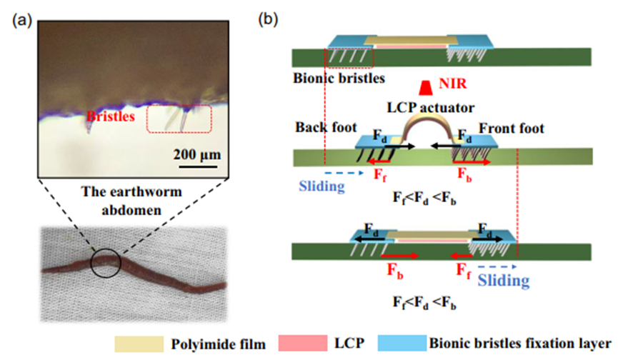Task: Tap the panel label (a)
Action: coord(21,19)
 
